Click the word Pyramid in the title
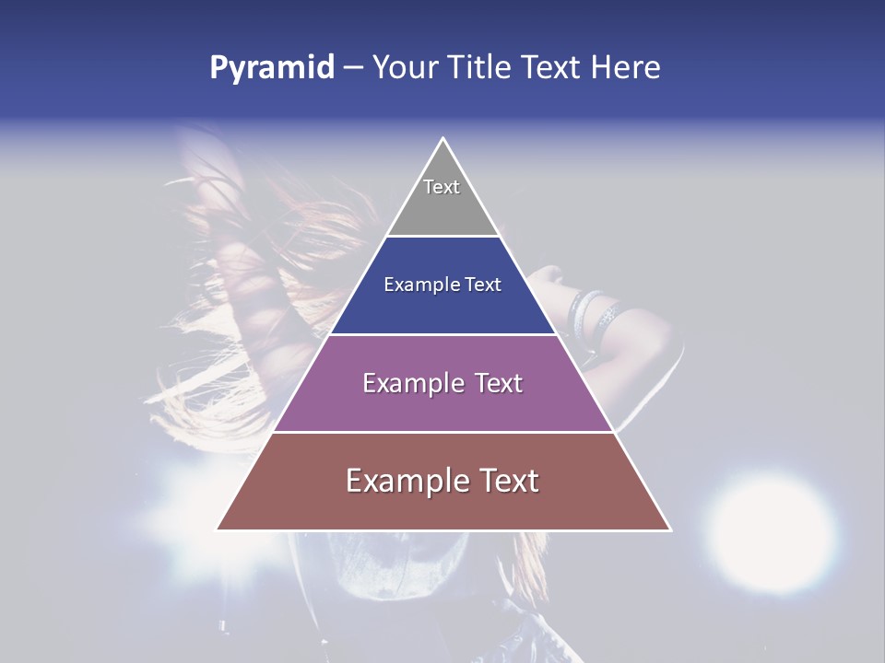(x=272, y=68)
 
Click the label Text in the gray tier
(x=442, y=187)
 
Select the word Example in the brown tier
(x=404, y=481)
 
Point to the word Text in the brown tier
(x=507, y=481)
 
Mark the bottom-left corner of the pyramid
(x=218, y=529)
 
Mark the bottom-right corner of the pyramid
(x=670, y=529)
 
